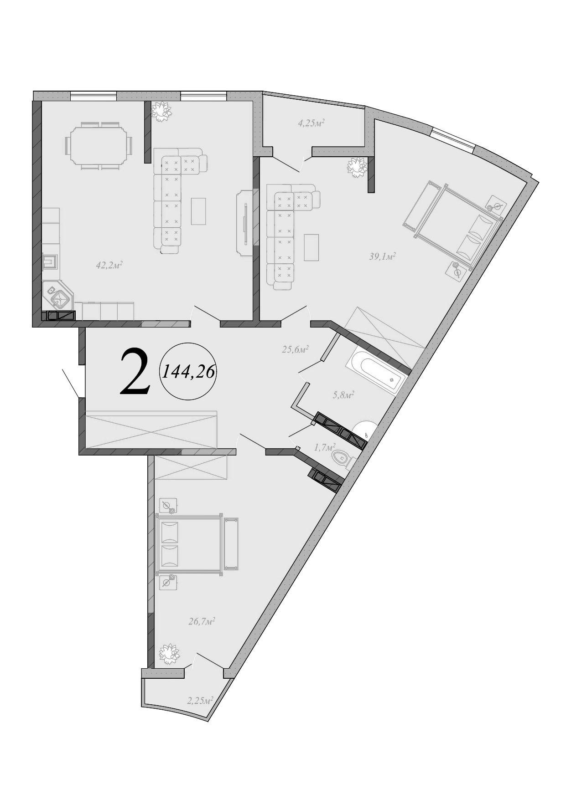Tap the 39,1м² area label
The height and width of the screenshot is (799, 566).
pyautogui.click(x=382, y=256)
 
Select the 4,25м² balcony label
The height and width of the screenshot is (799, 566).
pyautogui.click(x=311, y=123)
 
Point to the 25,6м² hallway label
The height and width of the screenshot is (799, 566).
pyautogui.click(x=295, y=349)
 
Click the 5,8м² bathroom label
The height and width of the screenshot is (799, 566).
pyautogui.click(x=343, y=395)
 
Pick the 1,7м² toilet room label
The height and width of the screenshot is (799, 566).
pyautogui.click(x=325, y=447)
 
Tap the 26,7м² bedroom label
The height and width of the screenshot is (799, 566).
pyautogui.click(x=202, y=620)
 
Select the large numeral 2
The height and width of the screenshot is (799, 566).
pyautogui.click(x=135, y=371)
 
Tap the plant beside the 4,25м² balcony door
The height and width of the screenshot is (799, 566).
pyautogui.click(x=357, y=167)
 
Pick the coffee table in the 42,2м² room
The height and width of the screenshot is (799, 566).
pyautogui.click(x=198, y=211)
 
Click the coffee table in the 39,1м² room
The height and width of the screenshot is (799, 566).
pyautogui.click(x=311, y=247)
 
